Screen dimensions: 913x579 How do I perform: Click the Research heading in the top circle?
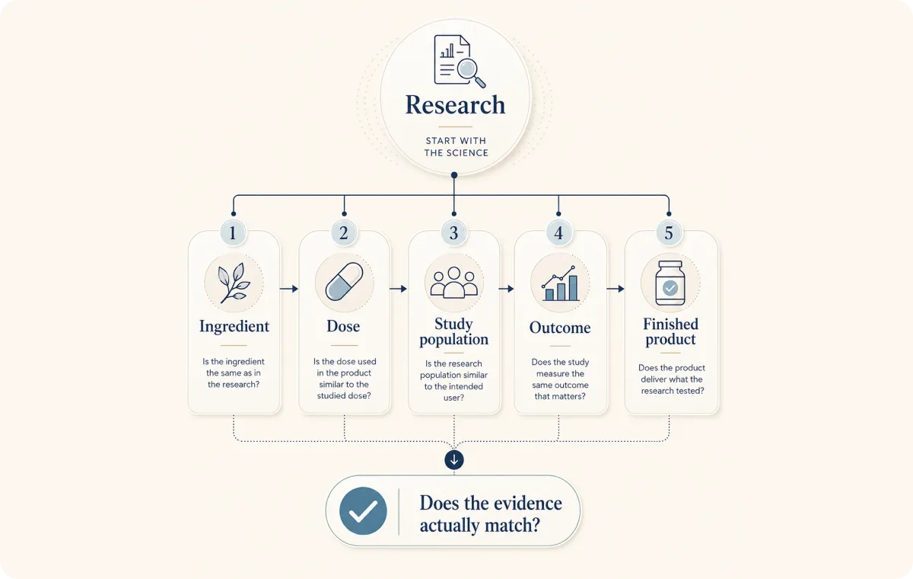[455, 105]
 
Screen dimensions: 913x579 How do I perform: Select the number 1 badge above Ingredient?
[233, 233]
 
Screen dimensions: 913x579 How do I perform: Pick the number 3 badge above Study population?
[453, 233]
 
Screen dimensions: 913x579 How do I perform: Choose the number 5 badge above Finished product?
[669, 233]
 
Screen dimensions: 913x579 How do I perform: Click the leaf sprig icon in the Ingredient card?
[234, 283]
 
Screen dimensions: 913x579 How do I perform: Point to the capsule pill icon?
[344, 282]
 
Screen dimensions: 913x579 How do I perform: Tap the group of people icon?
[454, 283]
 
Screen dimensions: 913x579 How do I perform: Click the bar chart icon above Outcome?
[560, 283]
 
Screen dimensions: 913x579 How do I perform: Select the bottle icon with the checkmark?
[670, 283]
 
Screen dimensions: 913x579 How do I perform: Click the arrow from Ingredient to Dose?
[289, 289]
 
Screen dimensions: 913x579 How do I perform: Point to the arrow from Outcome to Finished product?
[616, 289]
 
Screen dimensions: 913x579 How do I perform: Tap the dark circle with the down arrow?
[454, 460]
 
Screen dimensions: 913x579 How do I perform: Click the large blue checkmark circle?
[363, 511]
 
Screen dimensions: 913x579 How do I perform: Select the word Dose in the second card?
[343, 326]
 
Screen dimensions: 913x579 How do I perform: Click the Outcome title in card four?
[560, 328]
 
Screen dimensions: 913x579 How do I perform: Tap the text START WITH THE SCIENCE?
[456, 147]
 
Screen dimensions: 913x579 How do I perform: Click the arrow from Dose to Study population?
[398, 289]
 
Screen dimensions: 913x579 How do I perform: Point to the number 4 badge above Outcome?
[558, 233]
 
